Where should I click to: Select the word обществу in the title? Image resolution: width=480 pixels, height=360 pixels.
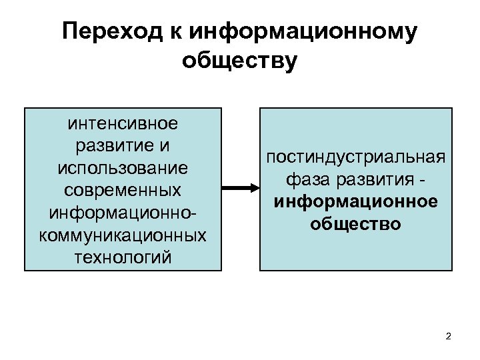pyautogui.click(x=239, y=61)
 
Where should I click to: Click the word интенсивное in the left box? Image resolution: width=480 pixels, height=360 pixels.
pyautogui.click(x=123, y=124)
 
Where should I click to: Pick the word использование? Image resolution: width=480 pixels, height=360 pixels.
pyautogui.click(x=123, y=168)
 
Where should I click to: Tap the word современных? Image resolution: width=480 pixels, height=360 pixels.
pyautogui.click(x=123, y=190)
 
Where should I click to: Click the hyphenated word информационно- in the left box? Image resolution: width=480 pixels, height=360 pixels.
pyautogui.click(x=123, y=213)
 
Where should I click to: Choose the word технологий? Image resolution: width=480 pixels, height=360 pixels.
pyautogui.click(x=123, y=257)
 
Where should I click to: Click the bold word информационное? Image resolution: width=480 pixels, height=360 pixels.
pyautogui.click(x=355, y=201)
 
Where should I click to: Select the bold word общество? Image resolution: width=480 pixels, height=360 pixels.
pyautogui.click(x=355, y=223)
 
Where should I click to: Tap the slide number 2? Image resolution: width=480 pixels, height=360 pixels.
pyautogui.click(x=448, y=336)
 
